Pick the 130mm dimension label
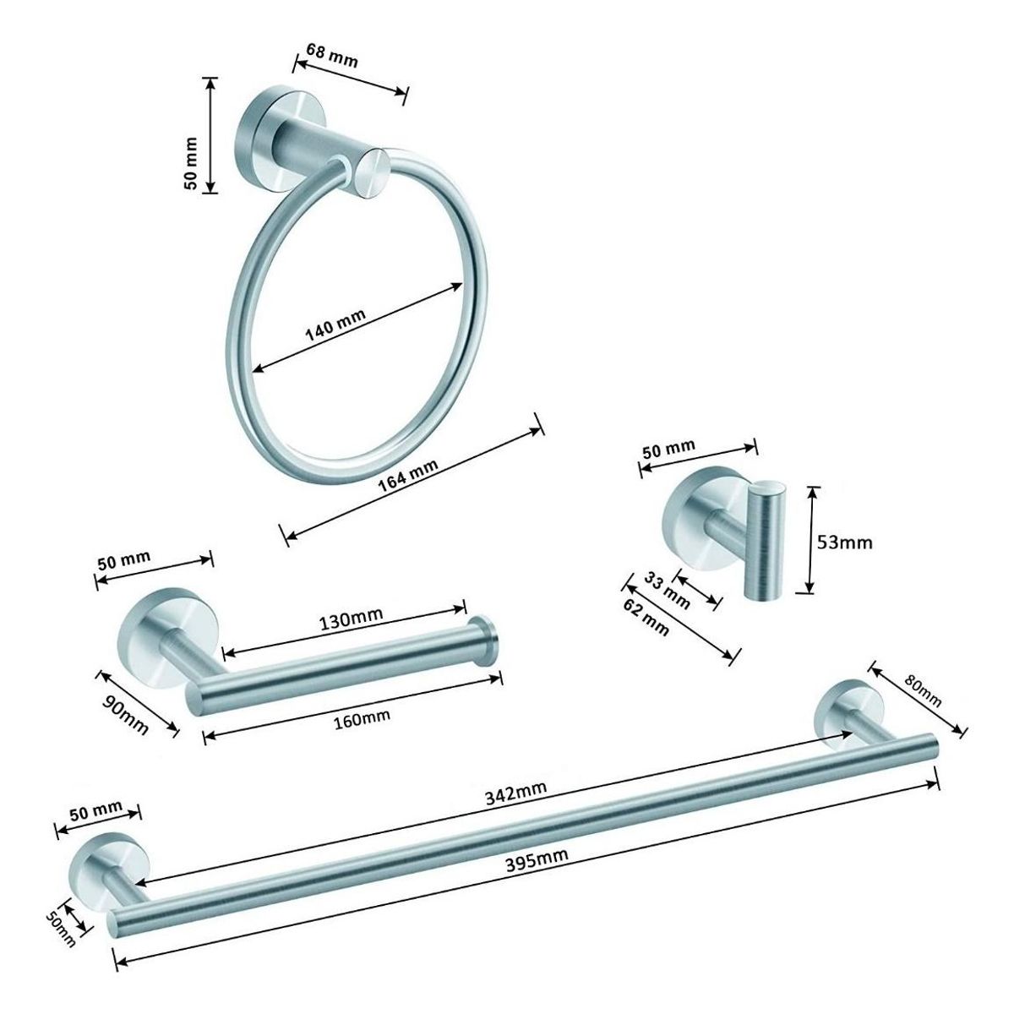coord(348,624)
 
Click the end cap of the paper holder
coord(484,640)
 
